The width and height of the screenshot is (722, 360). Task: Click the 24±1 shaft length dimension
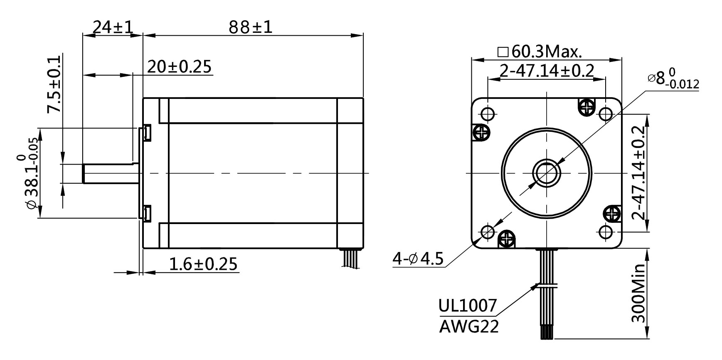[112, 27]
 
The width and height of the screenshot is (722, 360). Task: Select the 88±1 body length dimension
[250, 27]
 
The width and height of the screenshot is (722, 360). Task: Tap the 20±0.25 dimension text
[179, 67]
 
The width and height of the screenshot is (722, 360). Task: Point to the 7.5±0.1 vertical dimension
[54, 84]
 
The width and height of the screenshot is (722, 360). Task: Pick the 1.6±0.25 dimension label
[203, 264]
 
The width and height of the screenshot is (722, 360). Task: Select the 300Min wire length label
[638, 293]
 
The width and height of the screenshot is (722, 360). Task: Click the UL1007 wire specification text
[468, 306]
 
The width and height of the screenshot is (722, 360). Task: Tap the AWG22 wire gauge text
[469, 327]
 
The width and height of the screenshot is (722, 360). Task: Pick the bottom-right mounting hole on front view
[605, 231]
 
